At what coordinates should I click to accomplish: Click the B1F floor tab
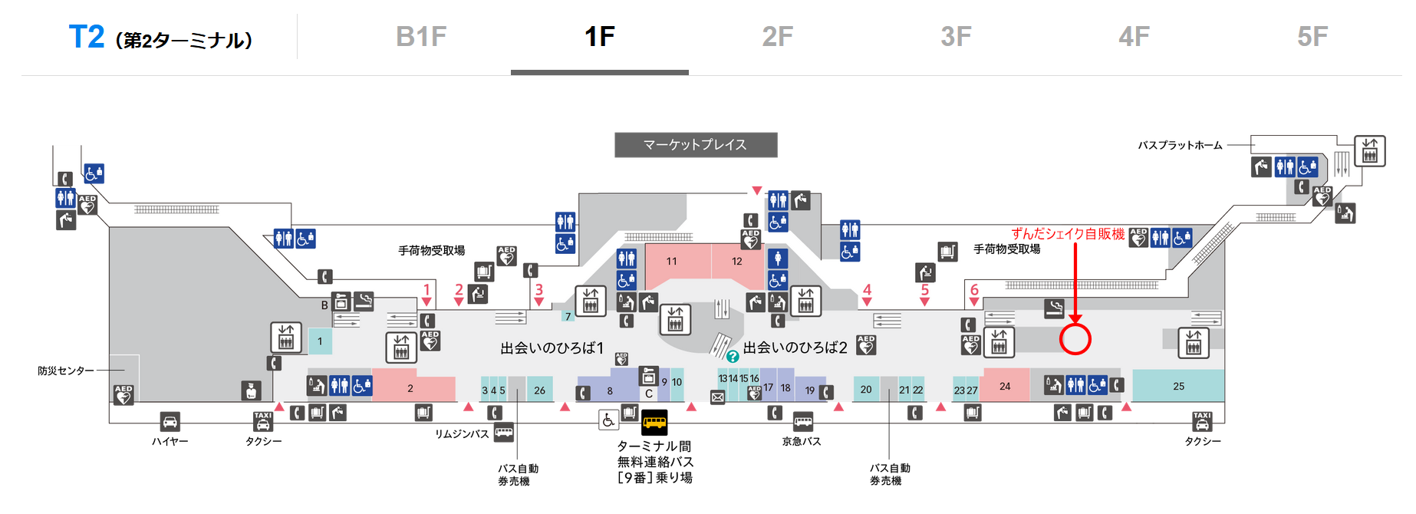[421, 37]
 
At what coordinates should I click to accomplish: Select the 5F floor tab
[1312, 37]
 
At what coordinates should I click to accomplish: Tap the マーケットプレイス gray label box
[696, 145]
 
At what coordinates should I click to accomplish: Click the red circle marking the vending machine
[1075, 339]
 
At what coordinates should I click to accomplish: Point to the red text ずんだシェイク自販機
[1068, 234]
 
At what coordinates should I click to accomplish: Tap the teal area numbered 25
[1178, 386]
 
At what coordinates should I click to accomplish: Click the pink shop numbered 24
[1005, 385]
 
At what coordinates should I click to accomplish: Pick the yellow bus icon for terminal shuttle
[654, 421]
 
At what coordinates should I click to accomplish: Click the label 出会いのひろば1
[552, 348]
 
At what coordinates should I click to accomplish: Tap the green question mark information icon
[733, 357]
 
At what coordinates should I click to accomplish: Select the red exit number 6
[974, 290]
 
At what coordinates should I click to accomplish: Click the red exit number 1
[426, 290]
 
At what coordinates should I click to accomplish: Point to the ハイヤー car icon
[170, 421]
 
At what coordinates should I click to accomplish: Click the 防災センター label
[66, 371]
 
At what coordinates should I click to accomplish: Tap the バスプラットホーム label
[1180, 145]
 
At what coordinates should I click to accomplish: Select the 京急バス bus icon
[803, 422]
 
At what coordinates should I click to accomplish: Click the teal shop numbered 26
[540, 390]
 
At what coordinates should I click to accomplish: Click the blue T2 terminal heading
[87, 37]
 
